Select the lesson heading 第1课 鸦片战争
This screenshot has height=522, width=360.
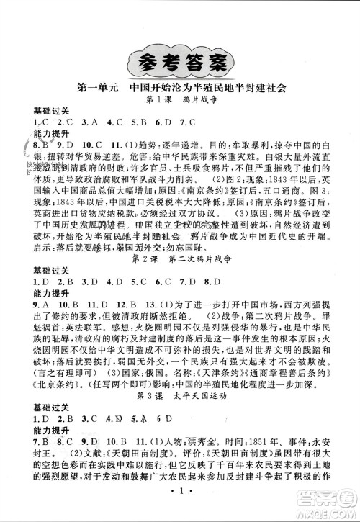pos(179,102)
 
